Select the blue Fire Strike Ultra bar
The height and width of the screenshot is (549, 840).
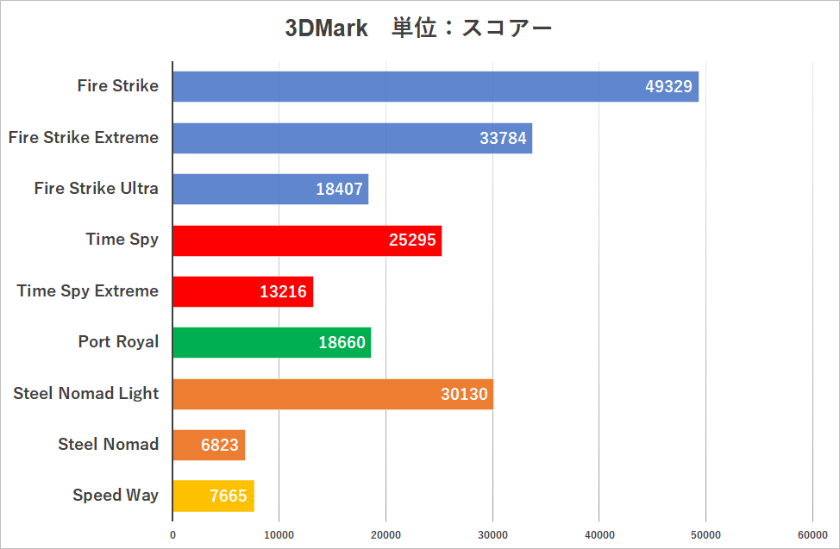click(x=270, y=189)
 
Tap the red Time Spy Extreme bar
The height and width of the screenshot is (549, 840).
click(x=242, y=291)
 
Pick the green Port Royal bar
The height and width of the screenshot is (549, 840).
click(x=272, y=342)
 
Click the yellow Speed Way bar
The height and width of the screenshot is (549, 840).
click(x=213, y=496)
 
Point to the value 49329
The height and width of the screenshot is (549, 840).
click(x=669, y=87)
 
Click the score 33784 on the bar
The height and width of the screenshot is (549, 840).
click(x=503, y=138)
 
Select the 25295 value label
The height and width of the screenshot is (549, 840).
click(x=413, y=240)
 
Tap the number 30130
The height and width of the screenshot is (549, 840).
click(x=464, y=394)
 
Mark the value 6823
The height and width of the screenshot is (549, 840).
click(x=222, y=445)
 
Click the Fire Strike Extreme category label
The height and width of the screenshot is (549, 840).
click(x=84, y=137)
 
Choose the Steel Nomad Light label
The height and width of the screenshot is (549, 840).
click(x=86, y=393)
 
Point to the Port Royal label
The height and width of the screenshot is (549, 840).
click(x=118, y=341)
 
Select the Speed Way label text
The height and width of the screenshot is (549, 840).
click(x=116, y=495)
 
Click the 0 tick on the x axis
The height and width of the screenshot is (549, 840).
click(x=172, y=535)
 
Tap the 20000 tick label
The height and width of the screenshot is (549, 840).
click(x=386, y=535)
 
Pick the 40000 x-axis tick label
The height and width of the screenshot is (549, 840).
click(x=599, y=535)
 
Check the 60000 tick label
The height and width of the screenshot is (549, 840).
click(x=812, y=535)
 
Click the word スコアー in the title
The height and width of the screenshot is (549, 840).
click(x=507, y=28)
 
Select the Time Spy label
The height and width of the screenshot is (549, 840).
click(x=122, y=239)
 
